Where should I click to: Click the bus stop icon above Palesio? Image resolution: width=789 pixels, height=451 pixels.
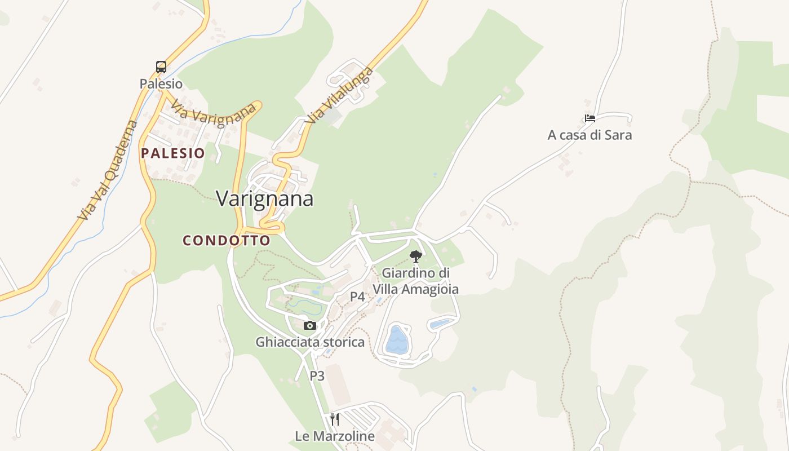point(161,67)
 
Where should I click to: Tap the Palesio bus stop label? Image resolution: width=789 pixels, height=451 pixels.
point(161,84)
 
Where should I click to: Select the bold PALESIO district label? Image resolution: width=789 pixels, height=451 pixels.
point(173,153)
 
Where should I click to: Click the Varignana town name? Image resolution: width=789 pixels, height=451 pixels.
point(265,198)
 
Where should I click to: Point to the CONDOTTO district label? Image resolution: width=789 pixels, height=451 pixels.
point(227,240)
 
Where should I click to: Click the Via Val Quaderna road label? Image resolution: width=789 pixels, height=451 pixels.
point(108,170)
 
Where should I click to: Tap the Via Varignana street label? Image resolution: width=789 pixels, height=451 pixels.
point(214,114)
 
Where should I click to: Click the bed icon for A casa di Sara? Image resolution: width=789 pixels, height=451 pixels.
point(590,118)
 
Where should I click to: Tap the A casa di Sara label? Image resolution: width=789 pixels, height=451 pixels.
point(590,135)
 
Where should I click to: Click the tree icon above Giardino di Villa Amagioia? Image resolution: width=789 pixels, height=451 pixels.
point(416,257)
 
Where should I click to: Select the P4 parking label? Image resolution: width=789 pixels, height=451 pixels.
point(357,297)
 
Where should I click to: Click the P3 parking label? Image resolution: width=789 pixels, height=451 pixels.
point(317,375)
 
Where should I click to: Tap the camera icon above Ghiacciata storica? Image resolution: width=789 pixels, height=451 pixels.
point(309,325)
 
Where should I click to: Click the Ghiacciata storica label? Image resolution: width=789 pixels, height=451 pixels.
point(310,342)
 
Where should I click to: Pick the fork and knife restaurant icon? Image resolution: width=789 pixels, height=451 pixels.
point(335,419)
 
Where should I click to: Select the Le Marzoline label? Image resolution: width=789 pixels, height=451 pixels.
point(335,436)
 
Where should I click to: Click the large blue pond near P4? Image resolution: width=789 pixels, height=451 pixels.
point(397,340)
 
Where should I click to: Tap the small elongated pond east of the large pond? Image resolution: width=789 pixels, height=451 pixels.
point(440,324)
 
